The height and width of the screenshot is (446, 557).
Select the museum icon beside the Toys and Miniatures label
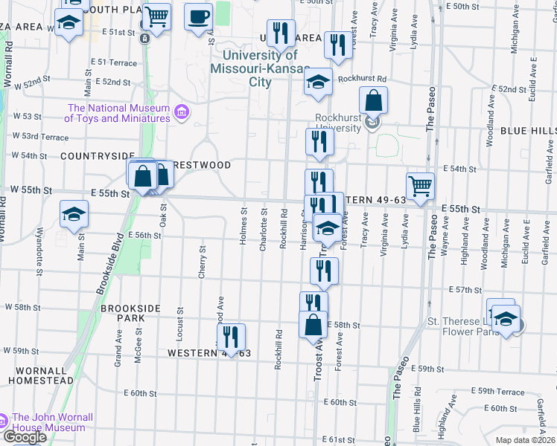coord(181,113)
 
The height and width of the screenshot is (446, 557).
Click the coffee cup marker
coord(198,17)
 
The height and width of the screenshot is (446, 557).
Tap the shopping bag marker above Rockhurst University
coord(373,100)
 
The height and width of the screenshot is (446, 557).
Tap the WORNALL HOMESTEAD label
coord(41,375)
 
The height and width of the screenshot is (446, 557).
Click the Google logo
coord(24,437)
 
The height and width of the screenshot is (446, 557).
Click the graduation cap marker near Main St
coord(74,215)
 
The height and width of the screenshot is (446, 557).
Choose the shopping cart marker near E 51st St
coord(156,16)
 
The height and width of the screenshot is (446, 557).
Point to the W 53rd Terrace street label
coord(40,137)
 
